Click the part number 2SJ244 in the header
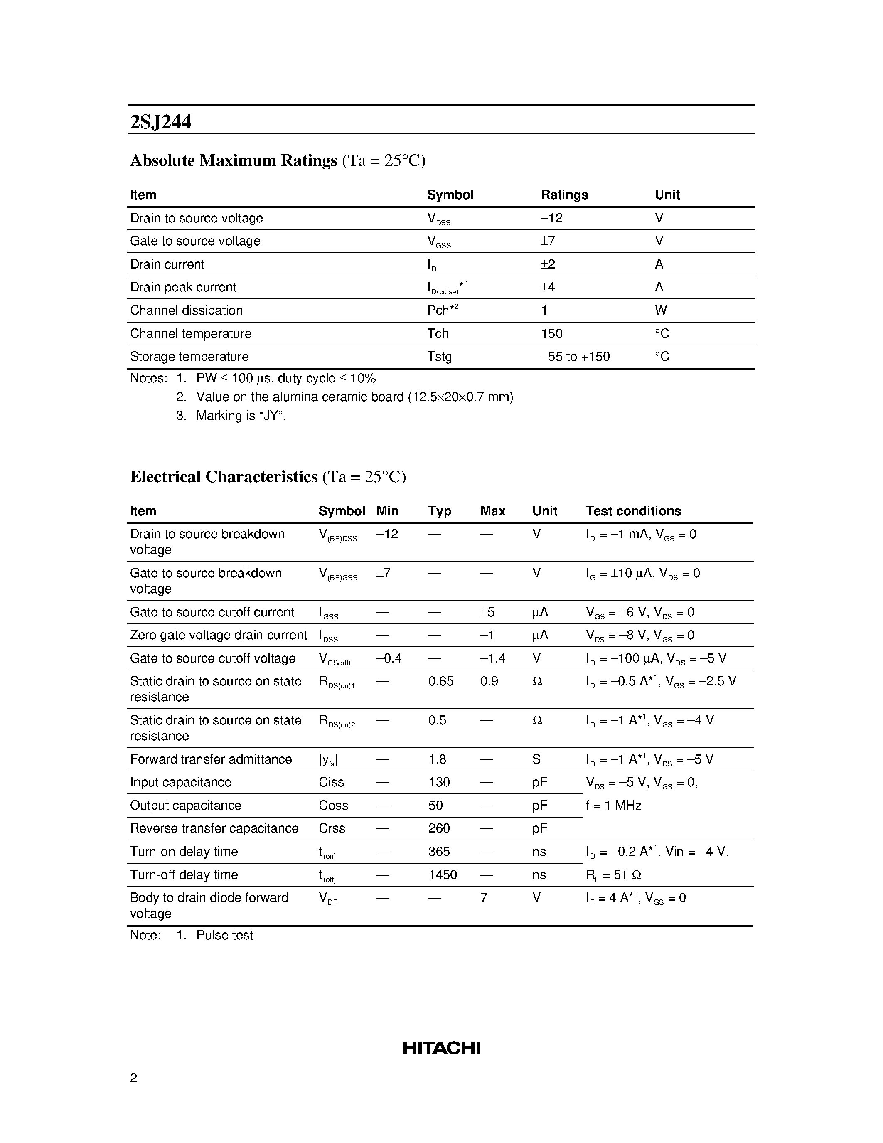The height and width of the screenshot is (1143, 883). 160,122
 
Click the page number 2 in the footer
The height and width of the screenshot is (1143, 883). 133,1078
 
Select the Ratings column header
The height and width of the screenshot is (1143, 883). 564,195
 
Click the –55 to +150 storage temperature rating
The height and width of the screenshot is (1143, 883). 575,357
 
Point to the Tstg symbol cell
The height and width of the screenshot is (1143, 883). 439,357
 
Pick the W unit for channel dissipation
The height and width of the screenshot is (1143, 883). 660,310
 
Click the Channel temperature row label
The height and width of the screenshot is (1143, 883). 190,333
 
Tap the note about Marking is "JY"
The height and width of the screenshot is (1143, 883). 241,416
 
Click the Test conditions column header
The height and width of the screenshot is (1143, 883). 633,511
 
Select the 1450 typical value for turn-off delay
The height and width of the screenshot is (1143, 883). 442,874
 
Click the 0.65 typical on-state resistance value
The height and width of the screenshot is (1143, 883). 440,681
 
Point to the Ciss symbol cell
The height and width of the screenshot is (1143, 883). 331,782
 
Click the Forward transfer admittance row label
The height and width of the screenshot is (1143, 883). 211,759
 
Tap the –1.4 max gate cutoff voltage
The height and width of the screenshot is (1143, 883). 492,658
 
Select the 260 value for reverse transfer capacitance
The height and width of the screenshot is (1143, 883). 438,828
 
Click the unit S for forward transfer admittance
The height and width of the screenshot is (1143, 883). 536,759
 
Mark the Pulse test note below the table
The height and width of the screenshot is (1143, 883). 224,935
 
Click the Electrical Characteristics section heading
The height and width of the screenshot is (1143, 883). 224,477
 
